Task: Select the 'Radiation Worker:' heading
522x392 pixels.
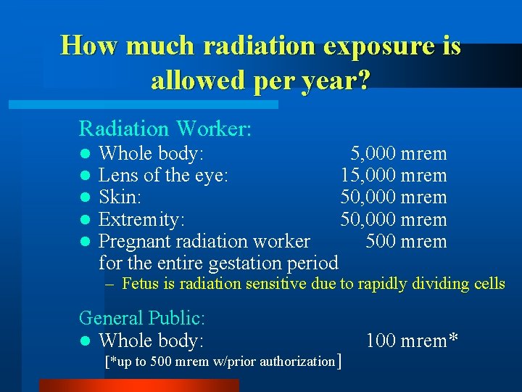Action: [x=165, y=129]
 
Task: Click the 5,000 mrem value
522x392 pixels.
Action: [x=399, y=153]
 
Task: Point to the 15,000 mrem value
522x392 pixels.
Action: [x=394, y=175]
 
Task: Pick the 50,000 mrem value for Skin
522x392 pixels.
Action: [x=394, y=197]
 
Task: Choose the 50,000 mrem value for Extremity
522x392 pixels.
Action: [x=394, y=219]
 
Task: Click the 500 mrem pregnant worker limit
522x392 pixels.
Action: [x=406, y=241]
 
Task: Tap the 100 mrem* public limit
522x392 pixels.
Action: [x=412, y=340]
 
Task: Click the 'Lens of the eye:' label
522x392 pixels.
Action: [x=164, y=175]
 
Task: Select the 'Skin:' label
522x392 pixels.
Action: [x=120, y=197]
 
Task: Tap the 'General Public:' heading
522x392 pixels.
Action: [x=142, y=318]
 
